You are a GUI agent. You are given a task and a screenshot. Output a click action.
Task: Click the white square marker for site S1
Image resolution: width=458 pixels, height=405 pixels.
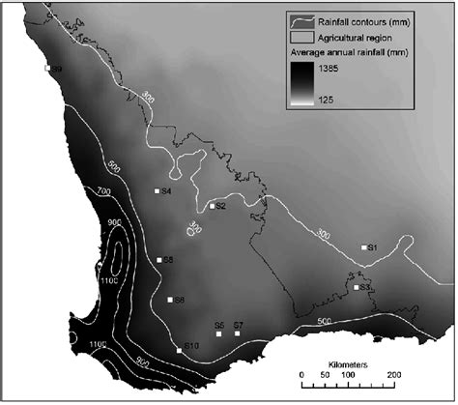tap(364, 247)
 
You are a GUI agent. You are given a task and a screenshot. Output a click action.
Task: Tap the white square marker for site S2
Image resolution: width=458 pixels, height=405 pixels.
tap(212, 206)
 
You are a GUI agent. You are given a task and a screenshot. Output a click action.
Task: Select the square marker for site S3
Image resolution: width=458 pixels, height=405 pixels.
tap(357, 287)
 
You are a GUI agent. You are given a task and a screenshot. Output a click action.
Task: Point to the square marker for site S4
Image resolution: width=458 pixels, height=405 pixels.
tap(157, 191)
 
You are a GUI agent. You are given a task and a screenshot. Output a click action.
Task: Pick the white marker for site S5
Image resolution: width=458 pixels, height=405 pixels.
tap(219, 334)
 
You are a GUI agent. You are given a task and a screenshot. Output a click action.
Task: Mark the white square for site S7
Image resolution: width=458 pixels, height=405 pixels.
tap(238, 334)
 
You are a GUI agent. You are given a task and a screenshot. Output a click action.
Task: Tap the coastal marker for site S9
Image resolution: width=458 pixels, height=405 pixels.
tap(47, 68)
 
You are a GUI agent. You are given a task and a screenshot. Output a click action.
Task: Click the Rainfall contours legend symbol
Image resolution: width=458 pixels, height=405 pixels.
tap(302, 19)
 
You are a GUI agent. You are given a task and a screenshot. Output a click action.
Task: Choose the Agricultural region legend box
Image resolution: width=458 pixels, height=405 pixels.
tap(302, 33)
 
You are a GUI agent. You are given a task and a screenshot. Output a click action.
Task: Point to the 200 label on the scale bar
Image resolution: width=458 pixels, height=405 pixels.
tap(393, 374)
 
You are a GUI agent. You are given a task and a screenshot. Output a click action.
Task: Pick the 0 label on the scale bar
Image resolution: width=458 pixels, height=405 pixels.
tap(301, 374)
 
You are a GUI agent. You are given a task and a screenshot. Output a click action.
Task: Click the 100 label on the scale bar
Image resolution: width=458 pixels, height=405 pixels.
tap(347, 374)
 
